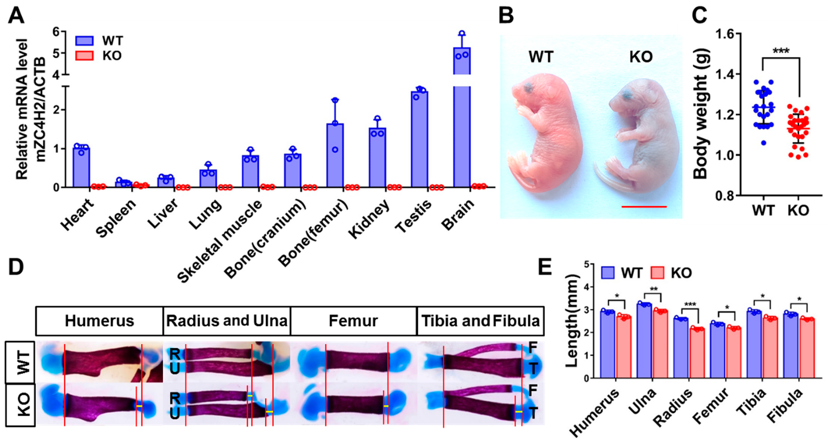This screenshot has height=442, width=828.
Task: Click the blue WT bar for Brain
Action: pyautogui.click(x=462, y=129)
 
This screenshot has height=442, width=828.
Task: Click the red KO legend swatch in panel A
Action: pyautogui.click(x=84, y=56)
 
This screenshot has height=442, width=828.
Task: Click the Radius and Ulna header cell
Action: pyautogui.click(x=227, y=321)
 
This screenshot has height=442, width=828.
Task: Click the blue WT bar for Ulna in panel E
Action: pyautogui.click(x=644, y=341)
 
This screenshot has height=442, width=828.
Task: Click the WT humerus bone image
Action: pyautogui.click(x=100, y=362)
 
